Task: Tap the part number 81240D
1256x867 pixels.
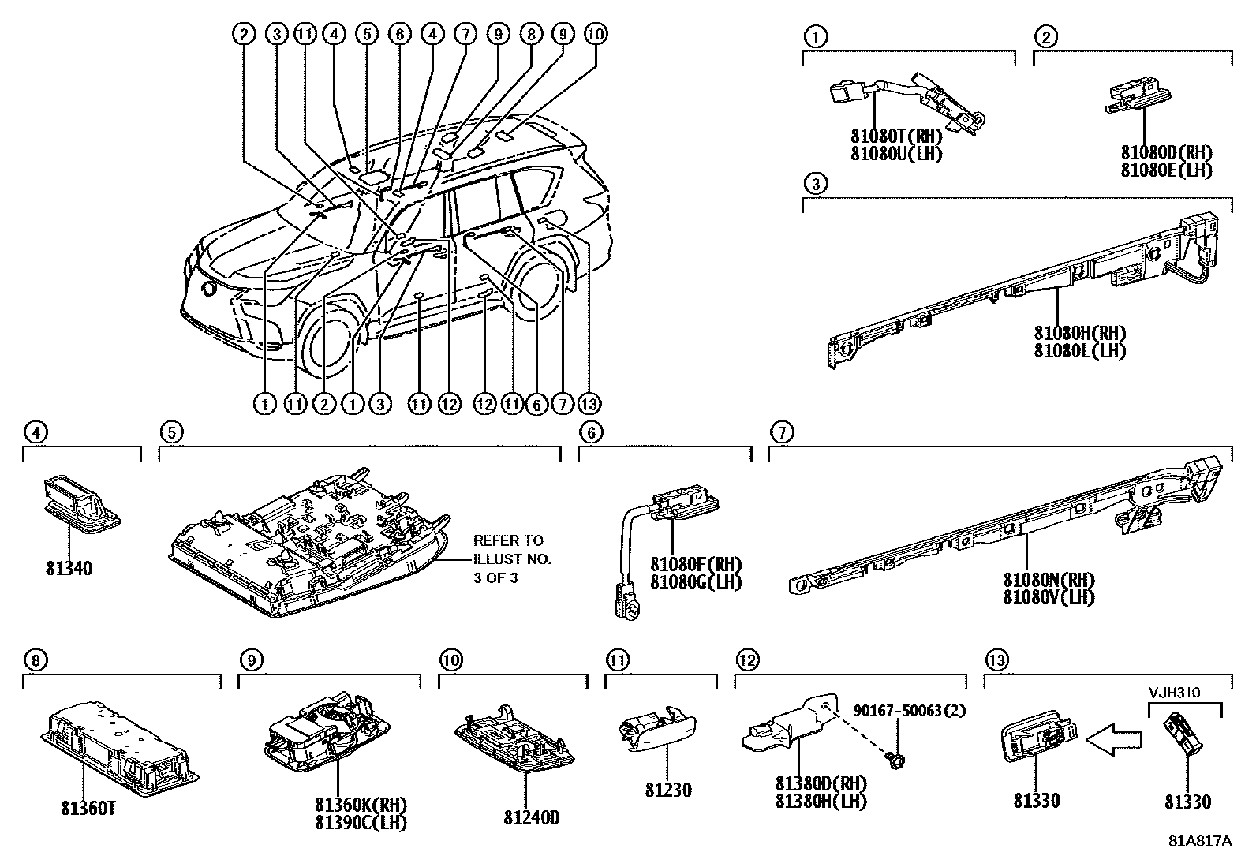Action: [x=531, y=817]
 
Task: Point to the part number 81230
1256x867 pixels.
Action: [x=667, y=790]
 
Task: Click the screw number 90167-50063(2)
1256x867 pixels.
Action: [x=909, y=710]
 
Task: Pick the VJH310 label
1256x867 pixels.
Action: [x=1173, y=693]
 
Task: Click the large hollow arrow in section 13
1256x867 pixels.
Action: [x=1113, y=738]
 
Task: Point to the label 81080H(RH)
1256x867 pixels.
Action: [x=1079, y=333]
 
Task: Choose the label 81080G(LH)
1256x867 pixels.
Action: [x=696, y=582]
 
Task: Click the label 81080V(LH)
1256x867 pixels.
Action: [x=1049, y=597]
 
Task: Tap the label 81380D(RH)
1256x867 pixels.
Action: [x=821, y=784]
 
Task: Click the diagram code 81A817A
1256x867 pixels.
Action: [x=1199, y=840]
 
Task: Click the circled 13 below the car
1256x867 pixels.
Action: [x=589, y=404]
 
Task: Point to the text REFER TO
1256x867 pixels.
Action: [x=508, y=541]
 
